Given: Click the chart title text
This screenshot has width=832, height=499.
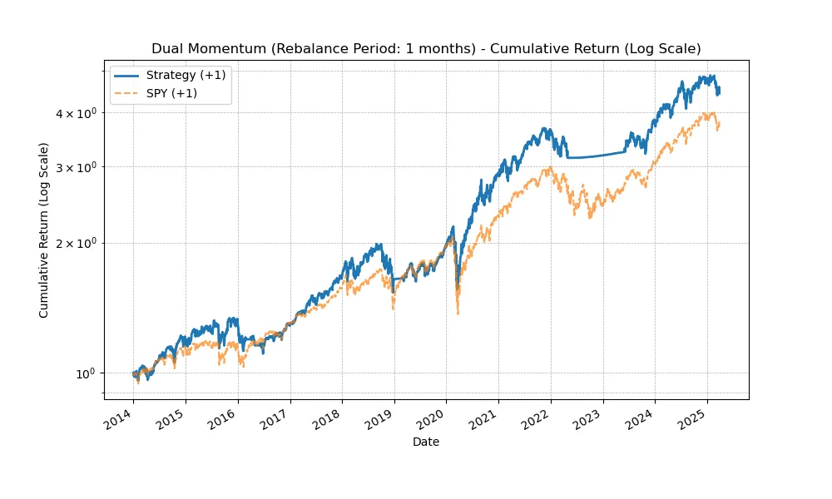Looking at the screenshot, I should pos(426,49).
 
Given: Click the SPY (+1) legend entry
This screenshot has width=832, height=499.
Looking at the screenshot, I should pos(174,93).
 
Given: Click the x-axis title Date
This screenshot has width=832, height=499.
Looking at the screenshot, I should pos(426,442).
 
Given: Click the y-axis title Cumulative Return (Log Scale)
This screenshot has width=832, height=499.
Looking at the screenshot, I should pos(44,230).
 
